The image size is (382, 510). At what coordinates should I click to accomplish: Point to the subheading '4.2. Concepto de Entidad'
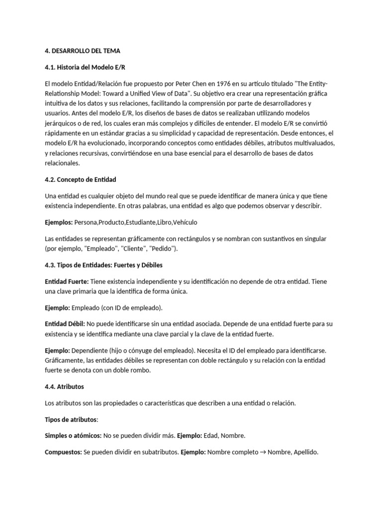click(80, 179)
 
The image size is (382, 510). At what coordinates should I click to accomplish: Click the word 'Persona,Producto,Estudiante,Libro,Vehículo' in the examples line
click(139, 222)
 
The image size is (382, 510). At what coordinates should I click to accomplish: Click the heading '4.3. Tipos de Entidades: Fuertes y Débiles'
click(103, 265)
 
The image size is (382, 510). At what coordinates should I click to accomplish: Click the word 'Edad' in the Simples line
click(213, 436)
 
